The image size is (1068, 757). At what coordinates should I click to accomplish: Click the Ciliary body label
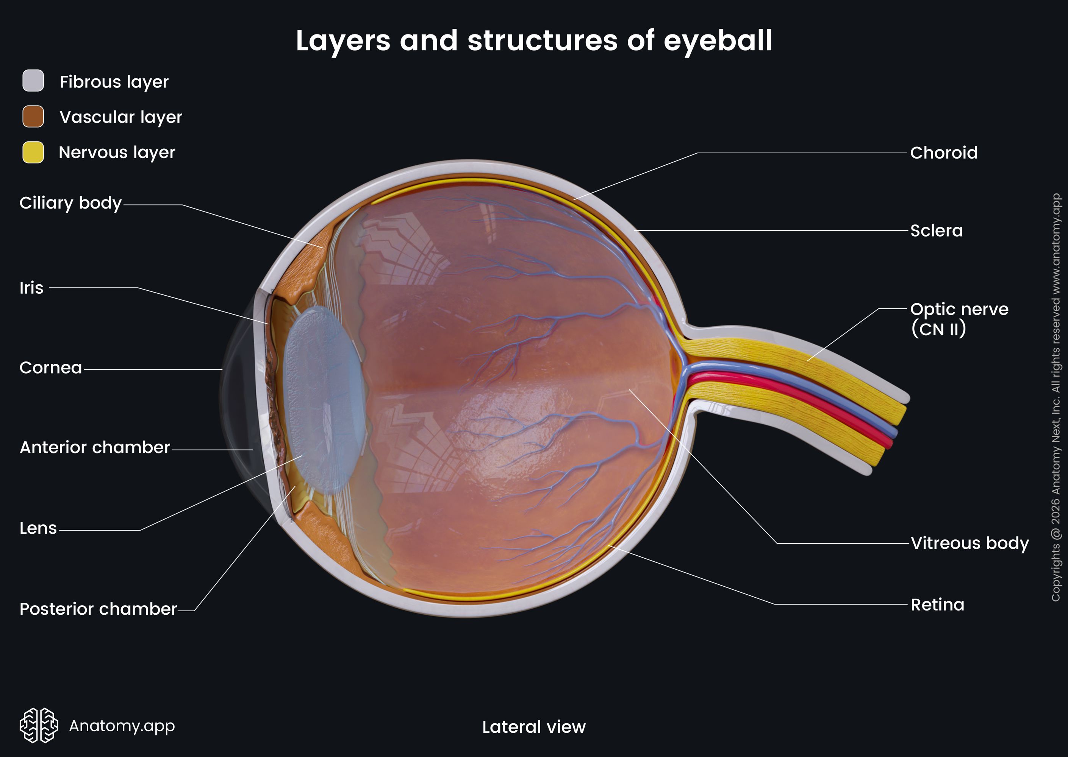click(70, 203)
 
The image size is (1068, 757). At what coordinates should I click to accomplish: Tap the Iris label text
click(31, 288)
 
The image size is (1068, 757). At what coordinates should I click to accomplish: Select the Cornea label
click(50, 368)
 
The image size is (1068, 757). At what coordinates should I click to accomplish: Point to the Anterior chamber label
click(95, 447)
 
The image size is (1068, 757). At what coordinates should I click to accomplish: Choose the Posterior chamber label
click(99, 609)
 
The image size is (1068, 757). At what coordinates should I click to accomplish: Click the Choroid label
click(943, 153)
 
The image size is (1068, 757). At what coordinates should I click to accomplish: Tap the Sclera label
click(937, 231)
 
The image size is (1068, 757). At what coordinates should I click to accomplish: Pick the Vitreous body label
click(969, 544)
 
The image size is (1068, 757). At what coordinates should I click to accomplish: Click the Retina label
click(937, 605)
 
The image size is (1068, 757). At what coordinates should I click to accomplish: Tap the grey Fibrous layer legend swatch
click(33, 81)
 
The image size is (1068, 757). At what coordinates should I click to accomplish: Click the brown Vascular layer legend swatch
click(33, 117)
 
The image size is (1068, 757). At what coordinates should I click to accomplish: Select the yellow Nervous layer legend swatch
click(33, 153)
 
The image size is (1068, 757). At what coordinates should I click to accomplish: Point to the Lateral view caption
click(534, 727)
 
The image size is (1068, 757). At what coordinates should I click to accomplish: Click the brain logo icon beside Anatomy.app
click(39, 725)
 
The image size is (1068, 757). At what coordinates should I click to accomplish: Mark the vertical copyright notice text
click(1056, 397)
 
